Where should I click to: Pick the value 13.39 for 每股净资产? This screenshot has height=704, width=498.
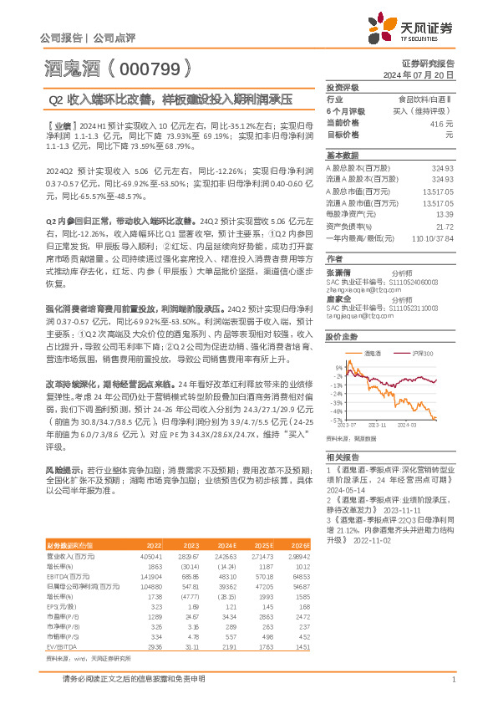444,214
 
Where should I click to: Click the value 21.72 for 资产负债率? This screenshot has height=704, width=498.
444,227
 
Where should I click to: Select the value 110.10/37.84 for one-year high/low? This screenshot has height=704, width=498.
434,238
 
